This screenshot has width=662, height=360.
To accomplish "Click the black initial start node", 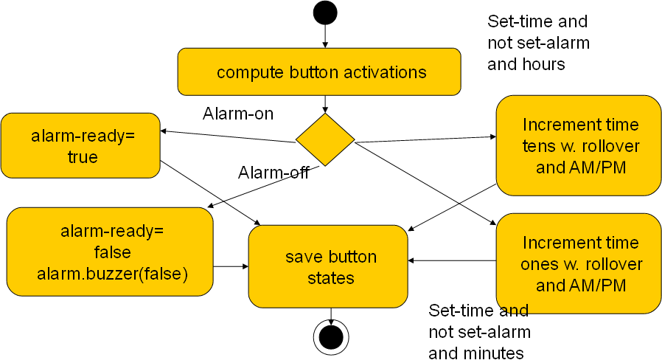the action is pos(325,13).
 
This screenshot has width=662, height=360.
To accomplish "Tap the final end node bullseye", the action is pos(331,337).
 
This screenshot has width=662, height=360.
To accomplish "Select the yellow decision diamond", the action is pos(325,139).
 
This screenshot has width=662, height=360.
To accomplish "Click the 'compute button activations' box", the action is pos(319,72).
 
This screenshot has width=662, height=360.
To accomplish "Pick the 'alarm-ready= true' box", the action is pos(80,146).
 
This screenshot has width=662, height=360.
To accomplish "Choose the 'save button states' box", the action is pos(328,266).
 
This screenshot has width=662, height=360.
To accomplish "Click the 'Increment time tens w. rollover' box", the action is pos(579,146).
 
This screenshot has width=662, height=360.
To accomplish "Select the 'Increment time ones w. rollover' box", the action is pos(579,263).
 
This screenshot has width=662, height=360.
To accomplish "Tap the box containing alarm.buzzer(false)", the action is pos(110,252).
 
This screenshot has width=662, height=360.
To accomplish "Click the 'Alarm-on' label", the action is pos(238,114).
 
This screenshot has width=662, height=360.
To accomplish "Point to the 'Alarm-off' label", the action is pos(273,173).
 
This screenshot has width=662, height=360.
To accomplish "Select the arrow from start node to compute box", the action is pos(325,36).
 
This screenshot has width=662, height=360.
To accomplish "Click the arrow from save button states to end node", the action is pos(331,316).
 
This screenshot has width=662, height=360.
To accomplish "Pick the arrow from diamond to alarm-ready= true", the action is pos(228,136).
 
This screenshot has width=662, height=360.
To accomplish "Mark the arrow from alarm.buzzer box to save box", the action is pos(231,266).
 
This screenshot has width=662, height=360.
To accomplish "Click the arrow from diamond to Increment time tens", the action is pos(425,139).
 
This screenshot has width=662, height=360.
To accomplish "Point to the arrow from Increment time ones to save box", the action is pos(452,260).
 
